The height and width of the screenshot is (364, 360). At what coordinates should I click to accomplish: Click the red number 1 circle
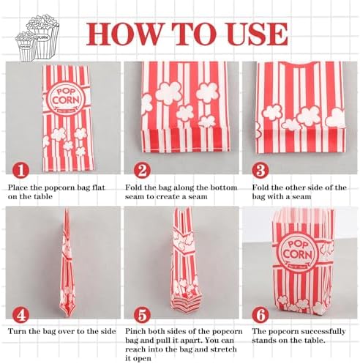(x=21, y=170)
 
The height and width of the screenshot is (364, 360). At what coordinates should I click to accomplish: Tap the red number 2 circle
(x=142, y=170)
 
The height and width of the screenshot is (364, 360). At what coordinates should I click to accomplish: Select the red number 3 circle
(x=260, y=170)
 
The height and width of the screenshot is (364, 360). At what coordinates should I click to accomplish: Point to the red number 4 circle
(x=21, y=314)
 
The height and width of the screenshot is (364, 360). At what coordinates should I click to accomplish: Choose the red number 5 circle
(x=142, y=314)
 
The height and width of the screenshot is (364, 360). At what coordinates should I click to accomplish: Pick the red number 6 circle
(x=260, y=314)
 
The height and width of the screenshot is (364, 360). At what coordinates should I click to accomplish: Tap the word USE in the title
(x=258, y=34)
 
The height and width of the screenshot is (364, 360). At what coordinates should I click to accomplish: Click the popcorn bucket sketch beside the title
(x=37, y=37)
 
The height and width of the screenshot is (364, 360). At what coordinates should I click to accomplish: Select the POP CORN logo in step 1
(x=66, y=97)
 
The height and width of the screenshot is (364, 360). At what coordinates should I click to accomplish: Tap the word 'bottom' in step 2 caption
(x=224, y=187)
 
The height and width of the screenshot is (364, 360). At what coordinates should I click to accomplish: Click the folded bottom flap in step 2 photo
(x=186, y=140)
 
